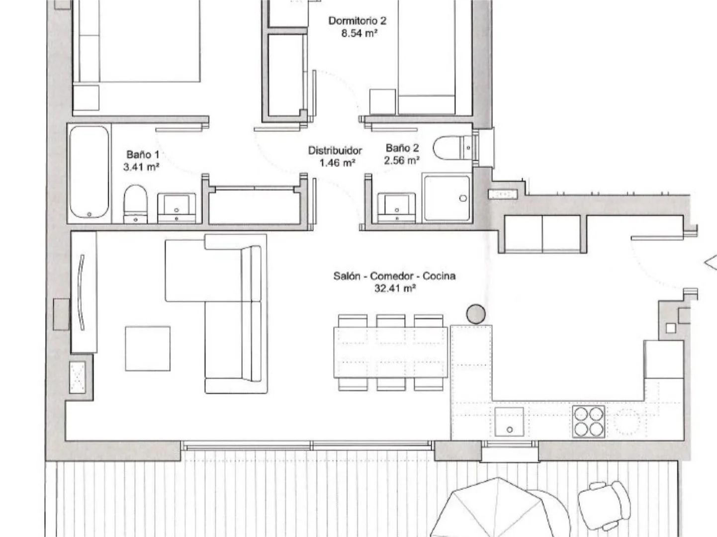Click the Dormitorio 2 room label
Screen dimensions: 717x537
(x=358, y=21)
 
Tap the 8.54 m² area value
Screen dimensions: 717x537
(x=359, y=33)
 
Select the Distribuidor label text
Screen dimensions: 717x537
(x=335, y=151)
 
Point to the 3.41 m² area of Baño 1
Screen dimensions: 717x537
(x=141, y=167)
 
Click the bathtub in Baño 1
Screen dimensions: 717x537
(x=89, y=172)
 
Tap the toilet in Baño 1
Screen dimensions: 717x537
(x=135, y=204)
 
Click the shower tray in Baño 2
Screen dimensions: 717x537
(x=447, y=198)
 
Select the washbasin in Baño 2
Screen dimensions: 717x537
(x=397, y=208)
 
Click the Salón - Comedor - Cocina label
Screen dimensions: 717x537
(x=394, y=276)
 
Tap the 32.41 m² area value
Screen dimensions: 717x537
(x=395, y=288)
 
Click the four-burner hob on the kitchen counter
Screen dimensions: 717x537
(x=589, y=422)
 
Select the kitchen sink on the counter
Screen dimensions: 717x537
(x=509, y=422)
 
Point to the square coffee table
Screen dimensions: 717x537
(x=148, y=349)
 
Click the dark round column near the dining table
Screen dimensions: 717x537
(x=476, y=314)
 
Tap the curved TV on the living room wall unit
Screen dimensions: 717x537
(x=82, y=292)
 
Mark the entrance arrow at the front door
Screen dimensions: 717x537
(x=710, y=263)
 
